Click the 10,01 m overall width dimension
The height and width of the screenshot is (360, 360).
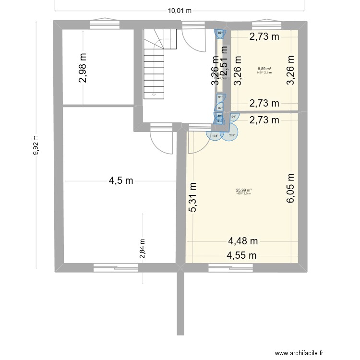(180, 11)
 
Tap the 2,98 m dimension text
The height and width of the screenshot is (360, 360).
(84, 67)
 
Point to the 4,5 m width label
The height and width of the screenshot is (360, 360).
(120, 181)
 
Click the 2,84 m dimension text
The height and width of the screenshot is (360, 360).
(143, 250)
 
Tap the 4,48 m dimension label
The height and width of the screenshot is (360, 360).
(243, 241)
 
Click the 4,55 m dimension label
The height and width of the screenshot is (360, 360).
(243, 255)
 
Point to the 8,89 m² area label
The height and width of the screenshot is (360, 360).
(264, 69)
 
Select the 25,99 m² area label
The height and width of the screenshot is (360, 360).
(244, 190)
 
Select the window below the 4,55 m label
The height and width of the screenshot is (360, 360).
(229, 267)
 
